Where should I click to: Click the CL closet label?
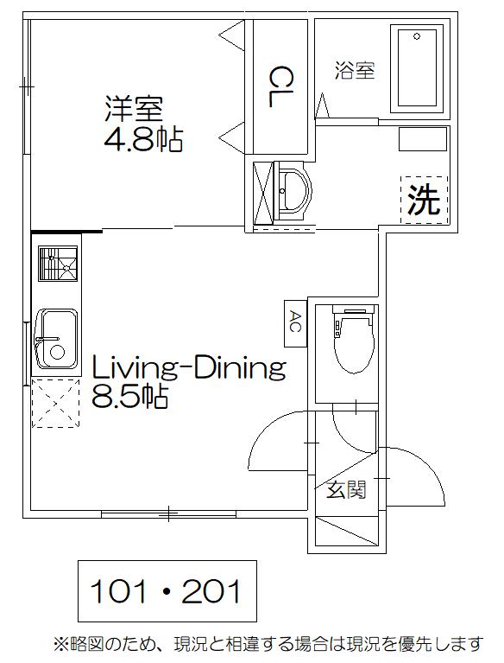tap(280, 86)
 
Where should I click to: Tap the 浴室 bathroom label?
tap(355, 71)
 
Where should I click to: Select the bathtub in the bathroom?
tap(417, 68)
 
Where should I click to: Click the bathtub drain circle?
tap(417, 36)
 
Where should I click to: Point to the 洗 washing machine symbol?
tap(424, 200)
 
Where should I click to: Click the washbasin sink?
tap(293, 192)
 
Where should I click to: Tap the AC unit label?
tap(295, 323)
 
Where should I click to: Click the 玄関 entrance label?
tap(346, 490)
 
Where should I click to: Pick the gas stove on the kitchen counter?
tap(58, 264)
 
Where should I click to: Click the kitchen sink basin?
tap(57, 339)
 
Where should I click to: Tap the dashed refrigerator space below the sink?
tap(56, 403)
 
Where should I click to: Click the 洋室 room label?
tap(134, 109)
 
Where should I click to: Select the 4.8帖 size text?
tap(143, 139)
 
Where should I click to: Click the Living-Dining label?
tap(189, 369)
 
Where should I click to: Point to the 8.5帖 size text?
tap(130, 396)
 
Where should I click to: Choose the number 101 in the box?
tap(118, 591)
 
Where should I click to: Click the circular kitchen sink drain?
tap(57, 352)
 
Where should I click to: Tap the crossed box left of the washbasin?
tap(263, 193)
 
